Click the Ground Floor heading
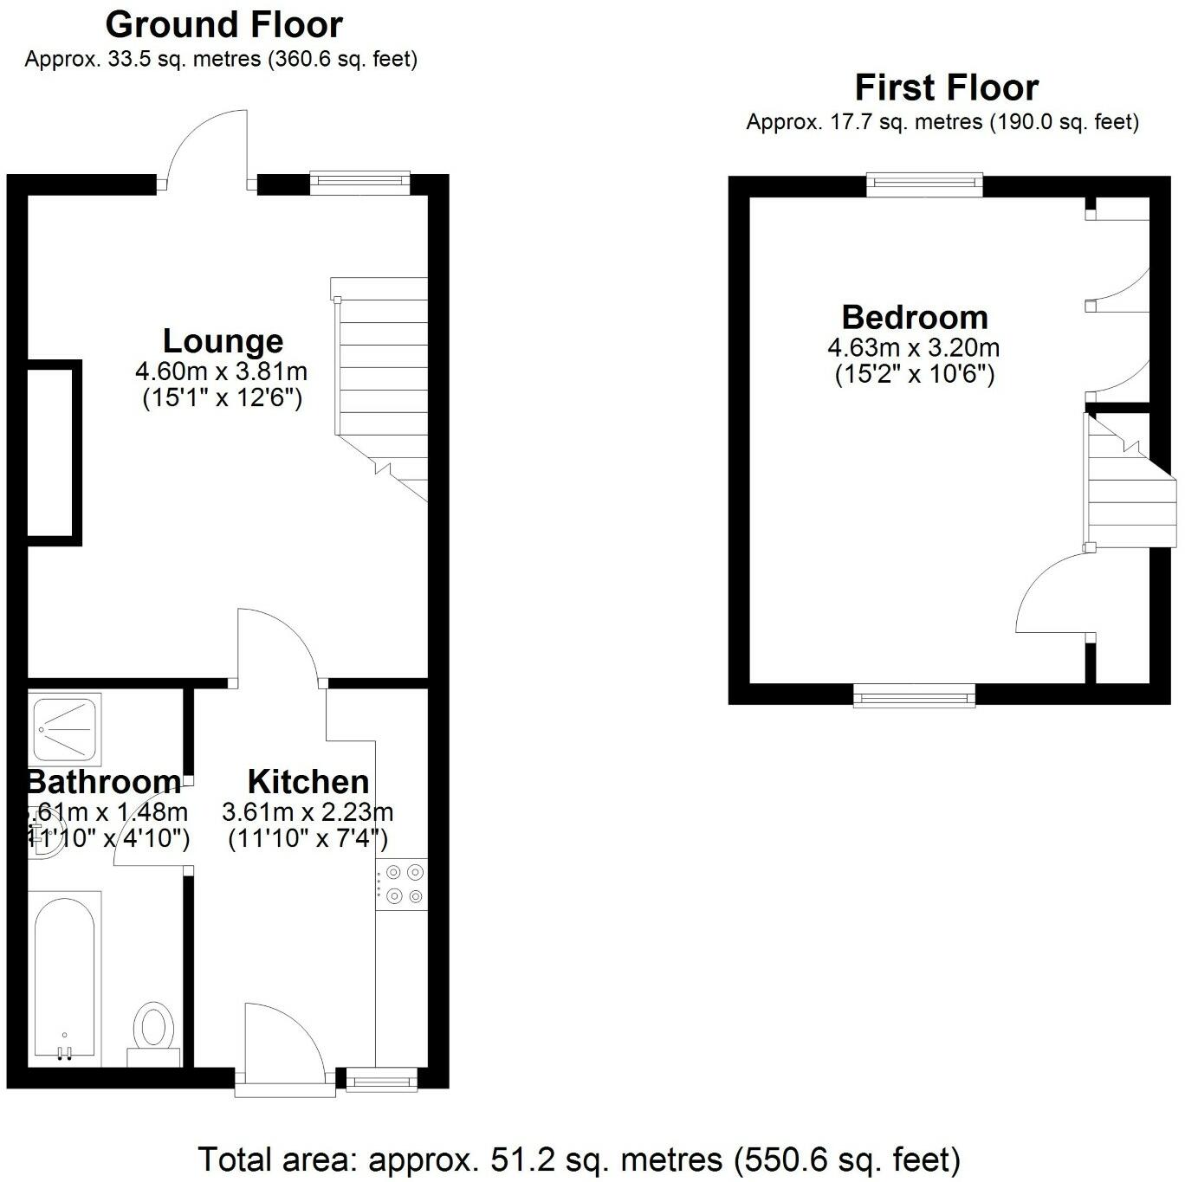(x=223, y=25)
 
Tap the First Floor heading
(x=946, y=87)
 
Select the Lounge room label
(x=223, y=341)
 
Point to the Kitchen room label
(x=308, y=782)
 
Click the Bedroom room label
(x=915, y=318)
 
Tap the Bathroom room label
(x=104, y=782)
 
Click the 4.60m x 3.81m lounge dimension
(x=222, y=372)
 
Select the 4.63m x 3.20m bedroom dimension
(x=914, y=348)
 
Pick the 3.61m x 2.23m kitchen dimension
(x=308, y=812)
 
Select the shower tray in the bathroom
(x=64, y=729)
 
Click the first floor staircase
(x=1122, y=485)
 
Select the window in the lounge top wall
(x=359, y=179)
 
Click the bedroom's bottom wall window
(x=914, y=694)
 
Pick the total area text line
(x=580, y=1159)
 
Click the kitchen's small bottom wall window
(x=381, y=1078)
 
